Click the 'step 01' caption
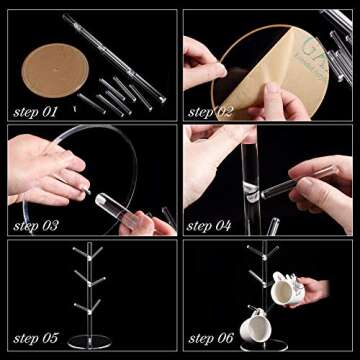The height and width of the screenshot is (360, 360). click(35, 107)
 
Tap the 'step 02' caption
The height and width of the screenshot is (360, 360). click(210, 107)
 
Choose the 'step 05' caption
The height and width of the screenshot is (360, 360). click(35, 340)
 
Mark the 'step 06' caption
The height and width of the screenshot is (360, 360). click(210, 340)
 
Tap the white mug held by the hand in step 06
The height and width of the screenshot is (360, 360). click(286, 290)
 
